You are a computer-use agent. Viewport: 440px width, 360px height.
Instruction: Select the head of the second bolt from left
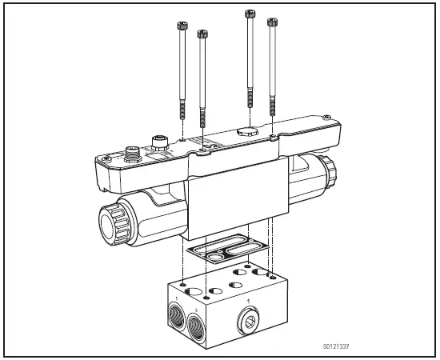[x=202, y=33]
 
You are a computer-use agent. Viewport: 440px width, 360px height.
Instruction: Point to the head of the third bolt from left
[x=250, y=13]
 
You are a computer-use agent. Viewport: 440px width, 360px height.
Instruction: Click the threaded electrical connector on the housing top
[x=132, y=151]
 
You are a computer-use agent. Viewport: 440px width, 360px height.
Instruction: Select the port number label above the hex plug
[x=248, y=302]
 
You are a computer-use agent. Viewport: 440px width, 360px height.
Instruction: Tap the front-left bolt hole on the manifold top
[x=184, y=285]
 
